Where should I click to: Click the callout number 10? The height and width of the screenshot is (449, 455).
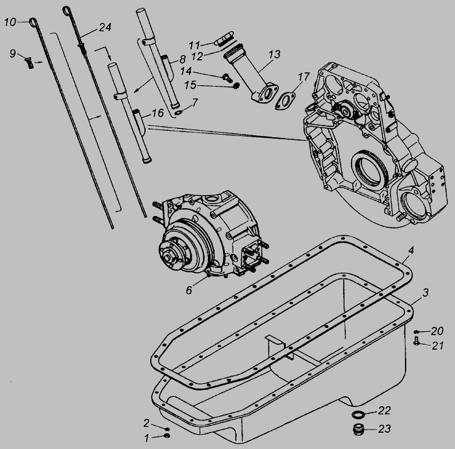tap(10, 22)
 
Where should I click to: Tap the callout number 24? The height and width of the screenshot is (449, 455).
tap(105, 27)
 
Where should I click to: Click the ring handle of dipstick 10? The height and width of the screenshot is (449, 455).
tap(32, 22)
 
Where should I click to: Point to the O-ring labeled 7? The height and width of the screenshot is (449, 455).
tap(179, 112)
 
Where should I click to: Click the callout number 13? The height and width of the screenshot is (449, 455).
tap(274, 55)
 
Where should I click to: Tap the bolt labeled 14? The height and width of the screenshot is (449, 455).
tap(227, 77)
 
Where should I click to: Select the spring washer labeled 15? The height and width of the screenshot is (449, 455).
tap(237, 86)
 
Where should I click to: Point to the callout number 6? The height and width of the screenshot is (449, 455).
tap(189, 290)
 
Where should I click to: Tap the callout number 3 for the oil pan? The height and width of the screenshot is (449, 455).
tap(425, 292)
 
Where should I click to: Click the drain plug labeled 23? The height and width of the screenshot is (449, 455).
tap(358, 429)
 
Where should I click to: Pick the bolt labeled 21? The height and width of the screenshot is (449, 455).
tap(417, 341)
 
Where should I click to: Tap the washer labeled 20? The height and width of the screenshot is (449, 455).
tap(417, 332)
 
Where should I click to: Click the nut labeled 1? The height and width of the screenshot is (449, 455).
tap(167, 435)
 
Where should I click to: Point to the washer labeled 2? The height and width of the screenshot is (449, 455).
tap(167, 429)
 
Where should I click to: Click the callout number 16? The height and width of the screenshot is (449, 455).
tap(158, 113)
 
